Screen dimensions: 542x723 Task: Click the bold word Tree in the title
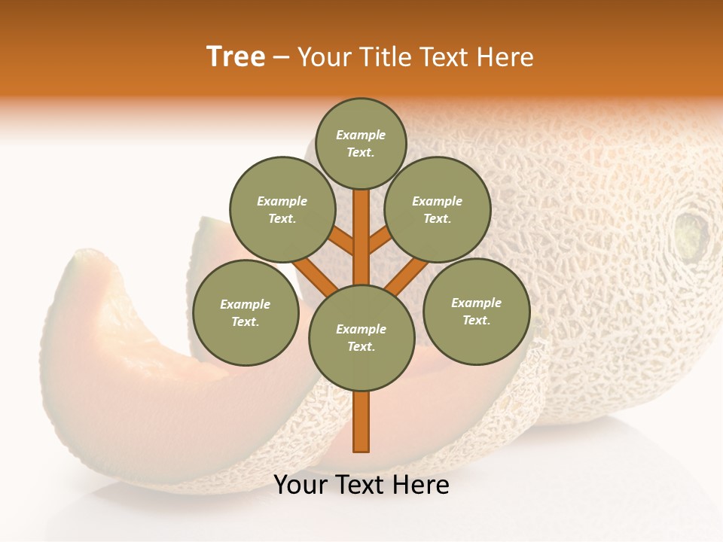(x=236, y=57)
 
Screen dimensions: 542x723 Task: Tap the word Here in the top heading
(x=506, y=57)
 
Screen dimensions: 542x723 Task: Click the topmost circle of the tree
(x=361, y=143)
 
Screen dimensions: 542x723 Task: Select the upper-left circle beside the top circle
(x=282, y=210)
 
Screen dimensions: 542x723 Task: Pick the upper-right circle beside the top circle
(x=438, y=210)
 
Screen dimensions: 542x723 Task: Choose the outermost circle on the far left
(x=246, y=312)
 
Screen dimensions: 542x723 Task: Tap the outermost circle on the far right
(x=476, y=311)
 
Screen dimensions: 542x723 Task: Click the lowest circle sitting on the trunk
(x=361, y=338)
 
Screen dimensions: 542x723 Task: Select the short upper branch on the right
(x=380, y=240)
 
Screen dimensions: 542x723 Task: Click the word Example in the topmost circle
(x=361, y=135)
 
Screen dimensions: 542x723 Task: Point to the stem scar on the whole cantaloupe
(x=691, y=233)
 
